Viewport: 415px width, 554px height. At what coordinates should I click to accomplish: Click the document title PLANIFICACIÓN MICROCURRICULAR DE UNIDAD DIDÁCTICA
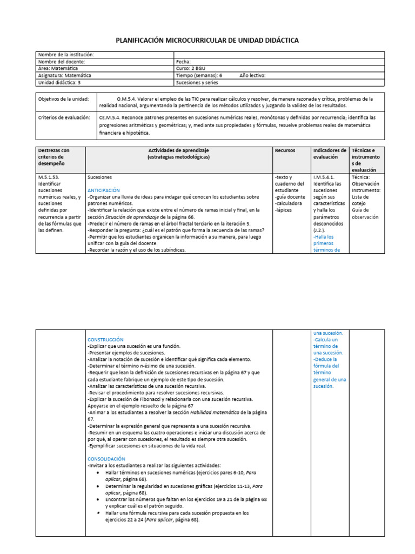click(207, 41)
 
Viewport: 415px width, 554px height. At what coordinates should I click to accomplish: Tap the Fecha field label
click(183, 62)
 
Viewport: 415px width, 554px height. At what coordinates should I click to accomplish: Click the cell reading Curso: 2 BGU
click(191, 69)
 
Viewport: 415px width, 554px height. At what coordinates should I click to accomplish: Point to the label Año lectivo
click(252, 76)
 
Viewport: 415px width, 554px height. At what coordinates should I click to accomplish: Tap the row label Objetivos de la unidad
click(63, 99)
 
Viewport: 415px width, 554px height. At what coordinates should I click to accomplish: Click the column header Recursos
click(285, 150)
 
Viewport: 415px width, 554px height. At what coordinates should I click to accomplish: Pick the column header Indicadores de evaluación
click(330, 154)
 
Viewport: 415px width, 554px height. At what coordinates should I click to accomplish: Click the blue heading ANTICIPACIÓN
click(104, 190)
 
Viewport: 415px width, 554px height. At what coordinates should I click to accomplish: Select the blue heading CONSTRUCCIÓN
click(105, 339)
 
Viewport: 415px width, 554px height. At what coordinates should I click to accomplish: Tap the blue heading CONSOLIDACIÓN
click(106, 458)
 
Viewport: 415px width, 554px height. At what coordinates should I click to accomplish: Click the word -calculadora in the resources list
click(289, 203)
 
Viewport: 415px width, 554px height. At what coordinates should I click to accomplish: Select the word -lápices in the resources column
click(284, 210)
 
